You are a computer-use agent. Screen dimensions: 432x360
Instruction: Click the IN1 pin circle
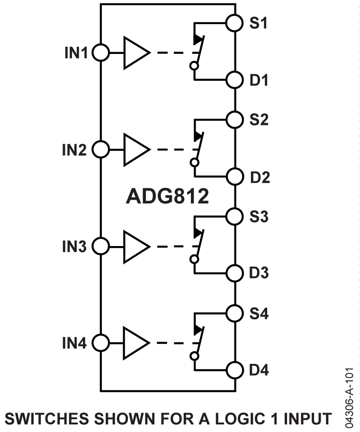pyautogui.click(x=100, y=53)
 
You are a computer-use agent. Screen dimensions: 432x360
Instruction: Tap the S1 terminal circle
pyautogui.click(x=234, y=23)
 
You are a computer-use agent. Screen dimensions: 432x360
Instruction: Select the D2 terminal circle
pyautogui.click(x=234, y=177)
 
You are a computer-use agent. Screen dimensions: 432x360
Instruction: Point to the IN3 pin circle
pyautogui.click(x=100, y=246)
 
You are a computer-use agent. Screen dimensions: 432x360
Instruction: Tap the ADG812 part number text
pyautogui.click(x=167, y=197)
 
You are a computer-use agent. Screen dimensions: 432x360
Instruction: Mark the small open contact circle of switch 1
pyautogui.click(x=194, y=66)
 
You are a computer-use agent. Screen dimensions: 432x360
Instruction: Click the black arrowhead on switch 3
pyautogui.click(x=198, y=233)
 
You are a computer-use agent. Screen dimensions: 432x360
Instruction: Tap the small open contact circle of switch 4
pyautogui.click(x=194, y=356)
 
